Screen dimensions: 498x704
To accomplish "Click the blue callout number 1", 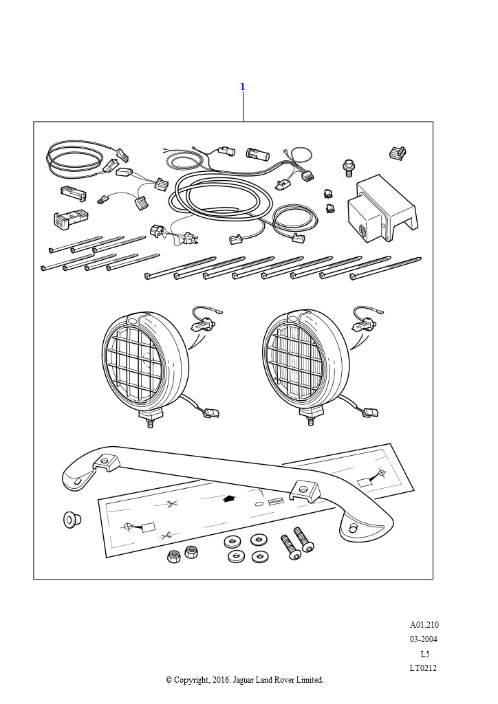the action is click(243, 87).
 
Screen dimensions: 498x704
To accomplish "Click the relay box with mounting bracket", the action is click(382, 210).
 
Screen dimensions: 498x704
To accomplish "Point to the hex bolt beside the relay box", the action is click(349, 168).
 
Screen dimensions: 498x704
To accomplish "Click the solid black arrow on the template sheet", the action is click(230, 499).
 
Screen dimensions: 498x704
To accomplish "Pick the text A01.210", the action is click(424, 624).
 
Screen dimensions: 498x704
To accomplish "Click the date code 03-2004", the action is click(424, 639).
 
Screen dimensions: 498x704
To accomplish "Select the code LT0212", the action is click(423, 668).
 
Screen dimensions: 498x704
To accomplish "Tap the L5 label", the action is click(425, 654).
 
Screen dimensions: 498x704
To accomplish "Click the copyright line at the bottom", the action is click(245, 680).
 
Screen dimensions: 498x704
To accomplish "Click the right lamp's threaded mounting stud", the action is click(310, 421).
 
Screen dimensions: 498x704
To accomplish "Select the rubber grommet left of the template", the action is click(72, 520).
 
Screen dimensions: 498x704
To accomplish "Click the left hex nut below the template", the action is click(174, 557).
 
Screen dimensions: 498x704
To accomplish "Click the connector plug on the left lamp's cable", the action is click(211, 412).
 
